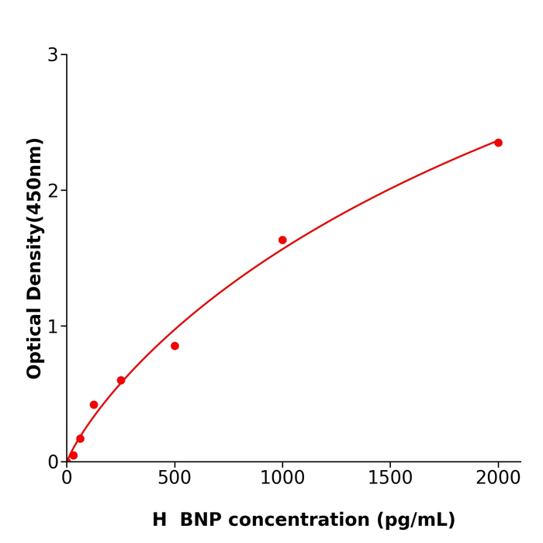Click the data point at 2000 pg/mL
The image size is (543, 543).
pos(498,143)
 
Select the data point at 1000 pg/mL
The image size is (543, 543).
pos(282,240)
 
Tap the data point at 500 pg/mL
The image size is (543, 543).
pos(175,346)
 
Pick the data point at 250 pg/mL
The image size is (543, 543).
pos(121,381)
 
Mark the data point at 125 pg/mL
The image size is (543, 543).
pos(94,405)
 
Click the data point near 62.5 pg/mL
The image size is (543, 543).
pos(80,439)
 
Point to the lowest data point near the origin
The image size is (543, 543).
pos(73,455)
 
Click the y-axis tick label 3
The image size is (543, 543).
pos(53,55)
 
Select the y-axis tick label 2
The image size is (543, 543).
pos(53,191)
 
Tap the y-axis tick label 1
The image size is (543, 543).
pos(53,327)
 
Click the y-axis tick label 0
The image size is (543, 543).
pos(53,462)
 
